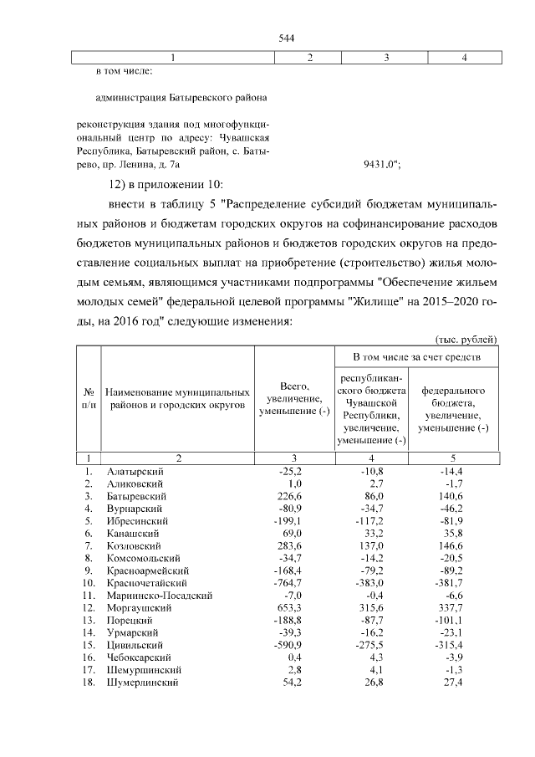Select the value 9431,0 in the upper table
pos(380,166)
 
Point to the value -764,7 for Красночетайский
pos(287,582)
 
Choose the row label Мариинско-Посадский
pos(160,595)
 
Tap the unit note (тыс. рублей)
pos(466,339)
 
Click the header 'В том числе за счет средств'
pos(415,357)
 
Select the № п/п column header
pos(88,397)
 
